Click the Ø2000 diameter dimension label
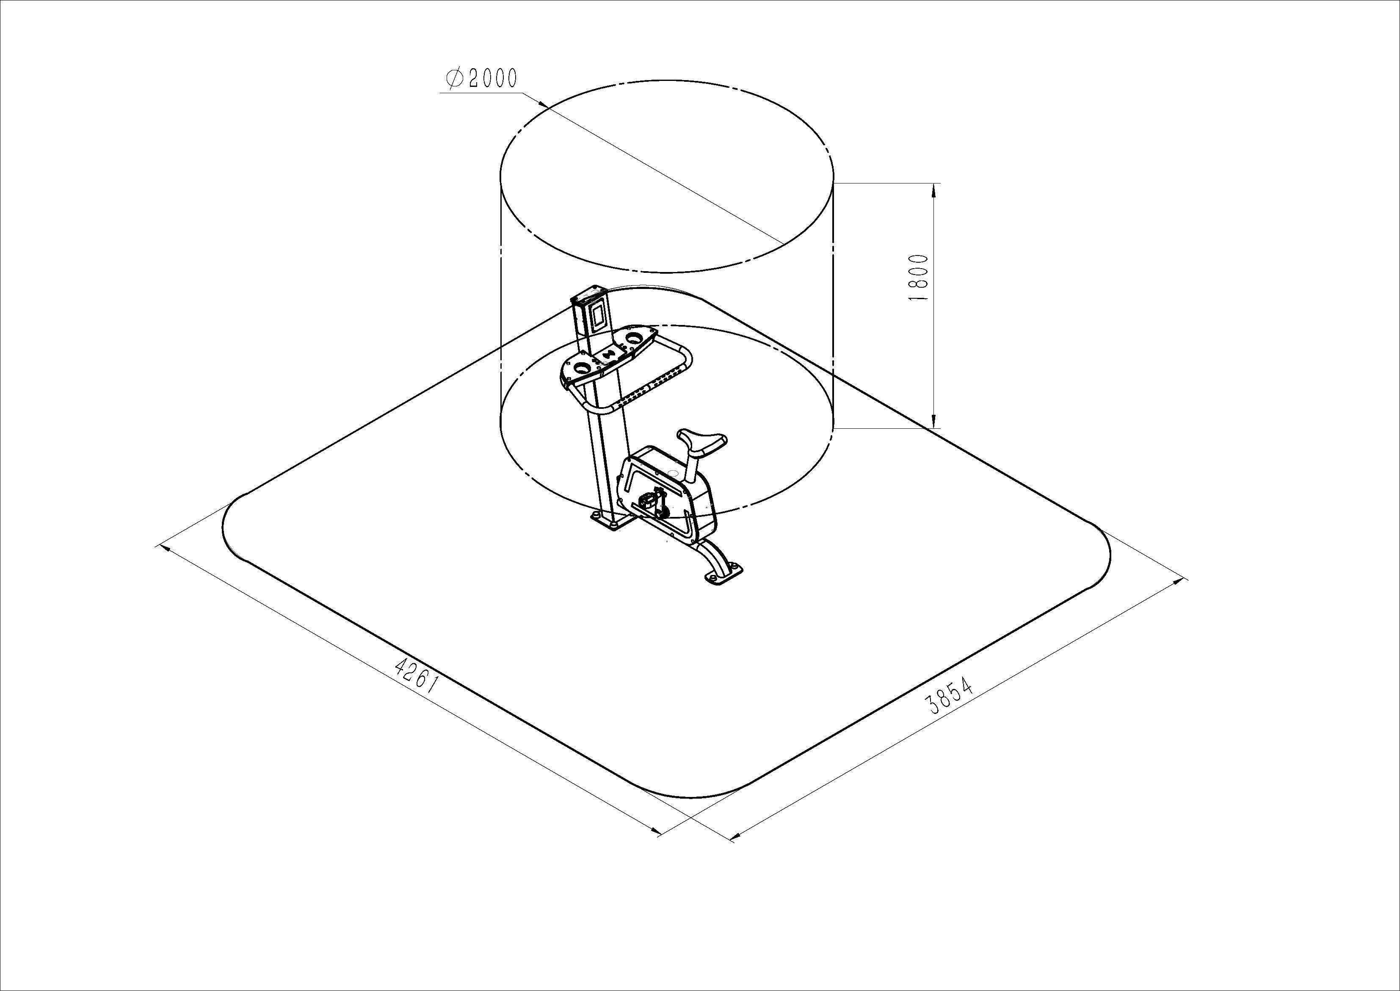481,79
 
